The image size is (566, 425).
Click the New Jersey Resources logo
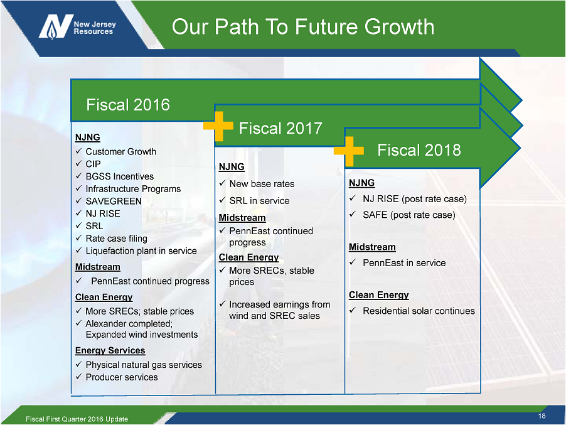(x=77, y=27)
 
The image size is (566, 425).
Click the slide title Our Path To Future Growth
(x=303, y=27)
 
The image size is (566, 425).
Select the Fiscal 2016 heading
(x=128, y=105)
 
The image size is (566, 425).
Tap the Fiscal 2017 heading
(x=280, y=128)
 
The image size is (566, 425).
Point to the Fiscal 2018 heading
(x=419, y=150)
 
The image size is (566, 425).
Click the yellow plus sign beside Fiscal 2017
(x=218, y=126)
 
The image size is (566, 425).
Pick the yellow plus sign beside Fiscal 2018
(x=349, y=151)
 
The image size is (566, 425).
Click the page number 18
(x=542, y=416)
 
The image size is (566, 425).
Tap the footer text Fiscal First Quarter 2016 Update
(x=77, y=419)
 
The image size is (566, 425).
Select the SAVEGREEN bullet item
(x=114, y=201)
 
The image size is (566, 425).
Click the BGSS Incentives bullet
(x=119, y=176)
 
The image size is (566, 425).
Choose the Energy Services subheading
(x=110, y=350)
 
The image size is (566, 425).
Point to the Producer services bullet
(x=122, y=377)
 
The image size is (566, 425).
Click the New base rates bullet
(x=262, y=184)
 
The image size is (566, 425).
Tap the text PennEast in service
(x=404, y=263)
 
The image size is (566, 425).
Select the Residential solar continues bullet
(x=419, y=311)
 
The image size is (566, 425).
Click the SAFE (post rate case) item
(x=409, y=215)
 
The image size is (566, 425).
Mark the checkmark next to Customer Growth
(x=78, y=151)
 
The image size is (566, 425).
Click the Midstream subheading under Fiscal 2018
(x=372, y=247)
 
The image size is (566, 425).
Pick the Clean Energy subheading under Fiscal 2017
(x=248, y=257)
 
